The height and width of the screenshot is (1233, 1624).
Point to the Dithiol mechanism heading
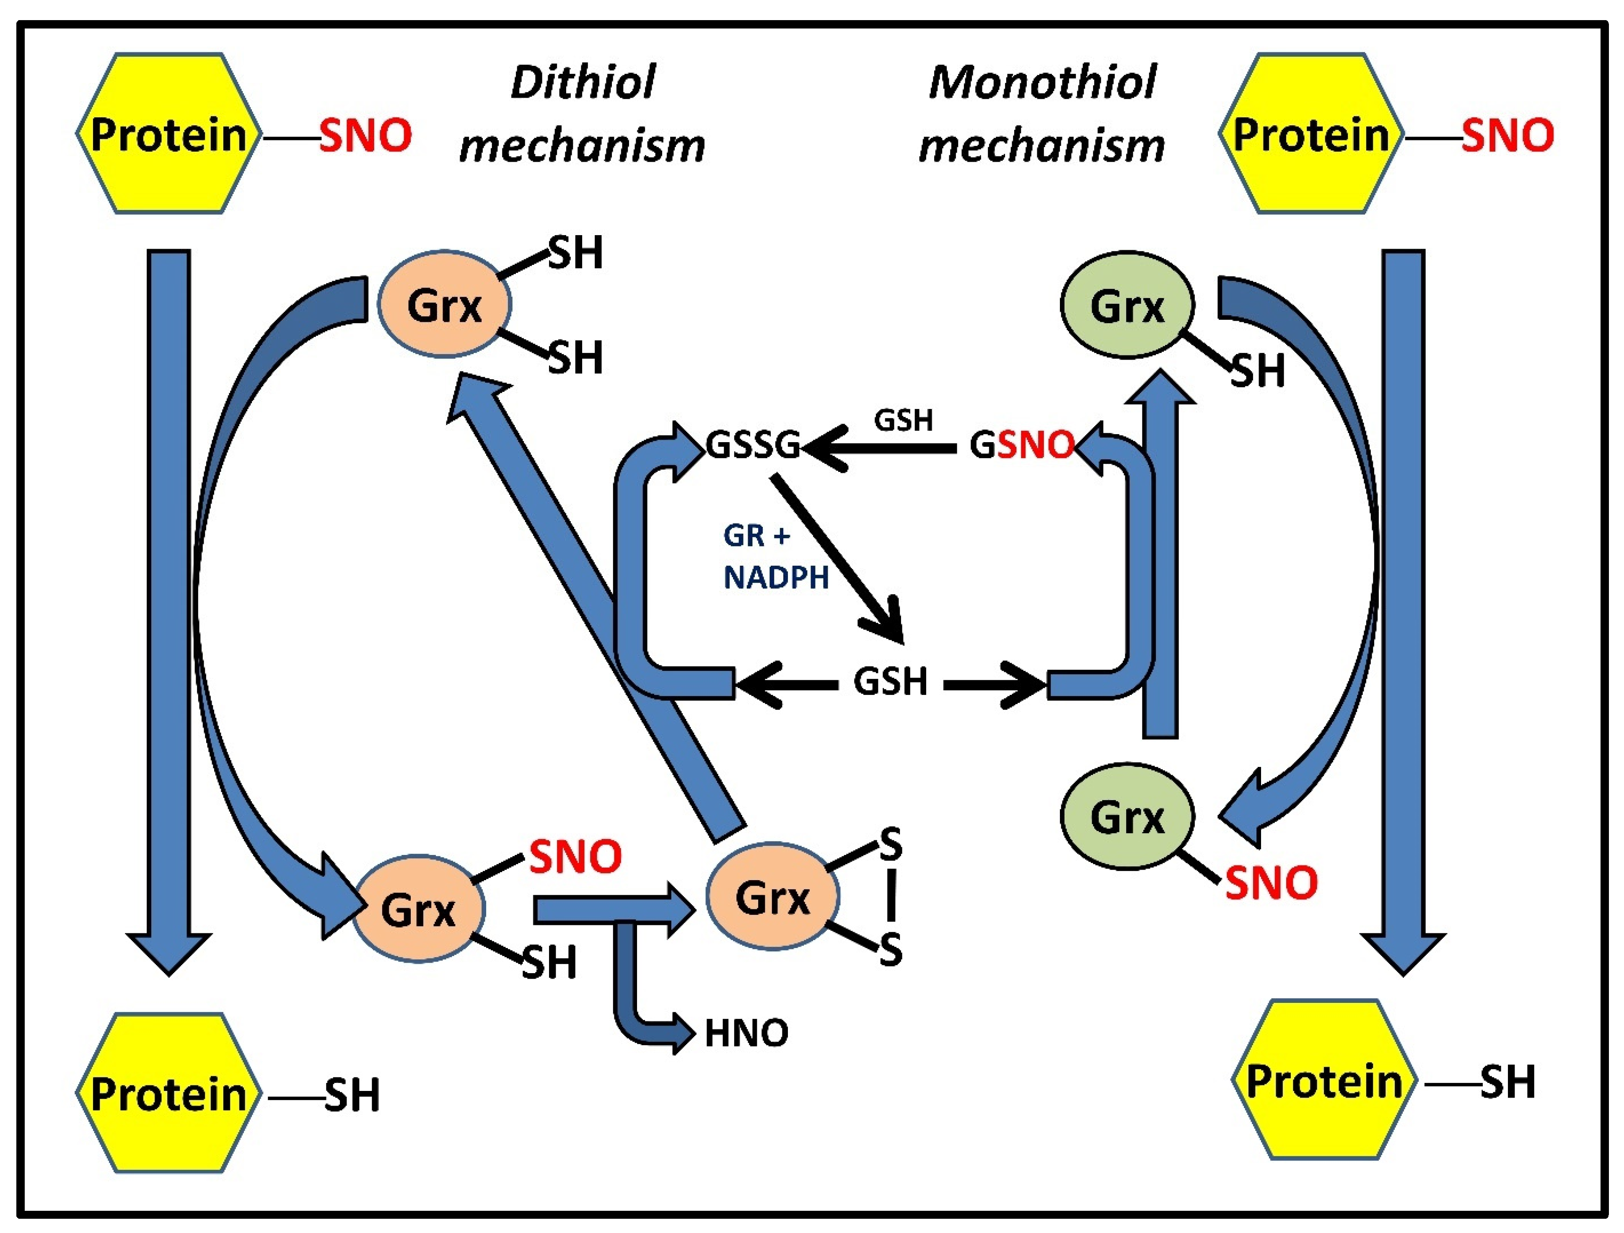581,114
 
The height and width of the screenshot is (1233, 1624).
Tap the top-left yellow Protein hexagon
169,135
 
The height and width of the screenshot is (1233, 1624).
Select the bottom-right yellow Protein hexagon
1324,1081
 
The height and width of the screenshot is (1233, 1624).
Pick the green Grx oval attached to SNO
1127,816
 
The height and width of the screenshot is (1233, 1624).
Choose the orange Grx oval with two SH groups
444,304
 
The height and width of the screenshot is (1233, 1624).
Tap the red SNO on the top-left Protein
365,136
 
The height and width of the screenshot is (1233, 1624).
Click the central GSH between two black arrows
890,681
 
